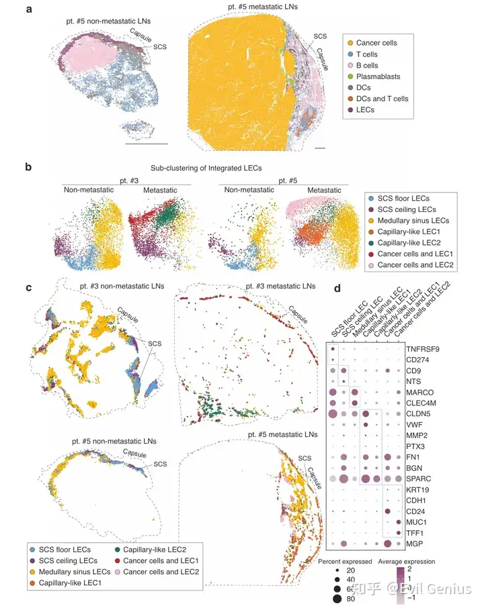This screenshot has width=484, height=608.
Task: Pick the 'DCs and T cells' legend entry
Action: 385,99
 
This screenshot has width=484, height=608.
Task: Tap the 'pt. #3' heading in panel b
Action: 124,179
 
